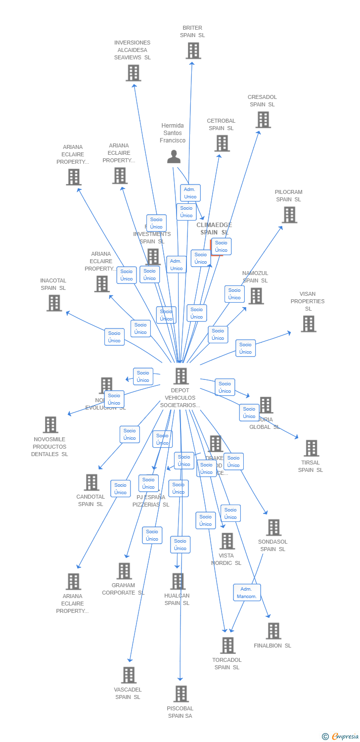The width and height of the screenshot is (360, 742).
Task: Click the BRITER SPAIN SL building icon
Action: click(x=193, y=50)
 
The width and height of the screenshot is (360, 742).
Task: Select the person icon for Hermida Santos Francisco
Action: click(x=174, y=157)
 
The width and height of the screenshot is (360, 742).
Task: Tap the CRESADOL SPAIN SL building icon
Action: click(x=263, y=120)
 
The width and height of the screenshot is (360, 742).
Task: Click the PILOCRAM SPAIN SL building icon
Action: click(x=289, y=215)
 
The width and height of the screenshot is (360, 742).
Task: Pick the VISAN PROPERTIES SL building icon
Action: click(x=308, y=324)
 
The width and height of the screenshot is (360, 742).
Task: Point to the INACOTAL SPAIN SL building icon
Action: click(x=54, y=303)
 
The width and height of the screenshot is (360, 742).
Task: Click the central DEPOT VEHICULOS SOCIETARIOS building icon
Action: click(x=181, y=376)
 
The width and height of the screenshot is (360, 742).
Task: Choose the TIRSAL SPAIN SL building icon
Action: click(x=311, y=448)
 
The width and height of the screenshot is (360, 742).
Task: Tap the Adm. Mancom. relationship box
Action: click(x=247, y=592)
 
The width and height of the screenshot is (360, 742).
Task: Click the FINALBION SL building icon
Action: click(x=273, y=631)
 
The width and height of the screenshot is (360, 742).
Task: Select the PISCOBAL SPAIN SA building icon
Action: click(x=181, y=694)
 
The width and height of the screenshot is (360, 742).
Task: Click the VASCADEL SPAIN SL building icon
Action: click(x=129, y=675)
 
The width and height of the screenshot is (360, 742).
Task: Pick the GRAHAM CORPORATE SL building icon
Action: click(x=124, y=571)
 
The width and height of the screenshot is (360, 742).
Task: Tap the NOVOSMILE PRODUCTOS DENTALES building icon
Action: click(x=50, y=424)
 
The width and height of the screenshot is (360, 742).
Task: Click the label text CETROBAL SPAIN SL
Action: click(x=221, y=125)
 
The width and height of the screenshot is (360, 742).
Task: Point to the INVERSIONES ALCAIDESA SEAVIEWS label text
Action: click(x=133, y=50)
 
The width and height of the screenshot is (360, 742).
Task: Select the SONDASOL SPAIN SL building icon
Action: click(x=273, y=527)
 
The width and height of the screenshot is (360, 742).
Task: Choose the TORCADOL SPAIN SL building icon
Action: click(x=227, y=645)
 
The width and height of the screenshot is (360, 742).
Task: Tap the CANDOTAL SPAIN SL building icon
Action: click(x=91, y=482)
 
